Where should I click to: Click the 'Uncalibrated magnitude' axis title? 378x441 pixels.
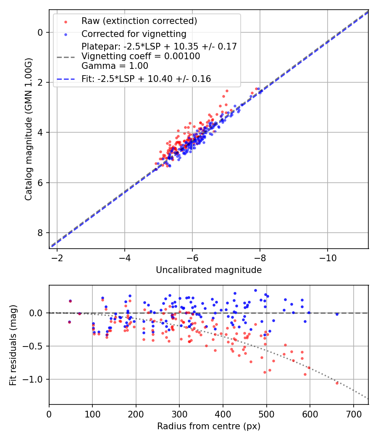pos(209,270)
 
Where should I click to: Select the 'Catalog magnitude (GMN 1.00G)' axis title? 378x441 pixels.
pos(28,129)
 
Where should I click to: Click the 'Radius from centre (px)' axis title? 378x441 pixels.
pos(209,426)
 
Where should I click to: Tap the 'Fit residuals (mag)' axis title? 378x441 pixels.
pos(13,345)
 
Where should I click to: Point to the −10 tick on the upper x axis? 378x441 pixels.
pos(328,258)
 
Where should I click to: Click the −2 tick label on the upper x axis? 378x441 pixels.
pos(57,258)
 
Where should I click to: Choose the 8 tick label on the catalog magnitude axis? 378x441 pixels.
pos(41,233)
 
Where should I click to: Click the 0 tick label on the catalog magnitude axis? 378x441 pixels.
pos(41,32)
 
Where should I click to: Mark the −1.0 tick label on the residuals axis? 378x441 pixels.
pos(34,379)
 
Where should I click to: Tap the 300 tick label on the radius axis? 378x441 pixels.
pos(179,414)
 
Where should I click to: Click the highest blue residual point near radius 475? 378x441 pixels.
pos(255,290)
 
